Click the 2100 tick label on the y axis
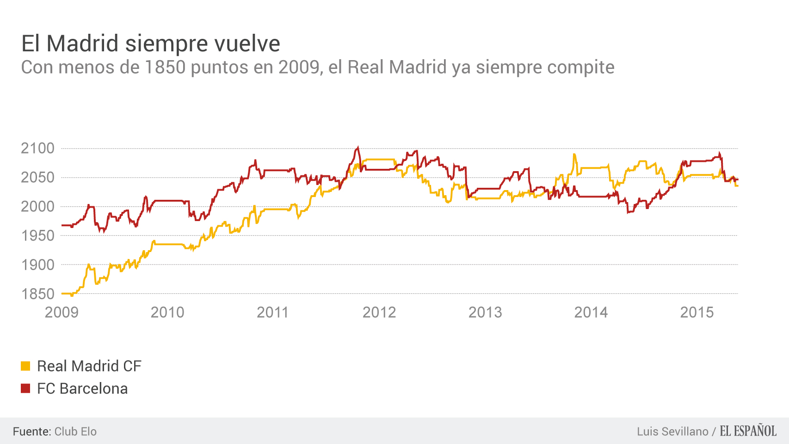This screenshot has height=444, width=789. (x=37, y=148)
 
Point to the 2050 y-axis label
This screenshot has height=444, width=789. (x=37, y=178)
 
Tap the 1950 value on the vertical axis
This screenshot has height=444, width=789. (x=37, y=236)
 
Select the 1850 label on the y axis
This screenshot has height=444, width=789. (x=37, y=294)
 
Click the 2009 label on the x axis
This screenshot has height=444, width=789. (x=62, y=313)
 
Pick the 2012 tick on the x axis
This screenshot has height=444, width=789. (x=379, y=313)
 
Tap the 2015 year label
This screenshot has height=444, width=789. (x=697, y=313)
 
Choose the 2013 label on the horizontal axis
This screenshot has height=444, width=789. (x=485, y=313)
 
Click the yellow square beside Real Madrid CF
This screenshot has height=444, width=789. (x=25, y=366)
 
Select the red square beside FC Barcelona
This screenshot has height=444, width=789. (x=25, y=388)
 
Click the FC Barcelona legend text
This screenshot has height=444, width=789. (x=82, y=388)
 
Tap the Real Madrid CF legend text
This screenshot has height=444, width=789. (x=89, y=366)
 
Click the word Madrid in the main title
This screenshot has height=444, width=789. (x=83, y=44)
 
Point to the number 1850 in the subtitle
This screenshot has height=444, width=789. (x=165, y=68)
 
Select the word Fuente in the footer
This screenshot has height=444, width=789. (x=31, y=432)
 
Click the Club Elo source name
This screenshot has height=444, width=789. (x=75, y=432)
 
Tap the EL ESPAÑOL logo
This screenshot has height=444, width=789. (x=748, y=431)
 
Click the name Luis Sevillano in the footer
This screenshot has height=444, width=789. (x=672, y=432)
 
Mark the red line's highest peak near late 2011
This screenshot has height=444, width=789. (x=358, y=148)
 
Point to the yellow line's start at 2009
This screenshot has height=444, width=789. (x=62, y=294)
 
